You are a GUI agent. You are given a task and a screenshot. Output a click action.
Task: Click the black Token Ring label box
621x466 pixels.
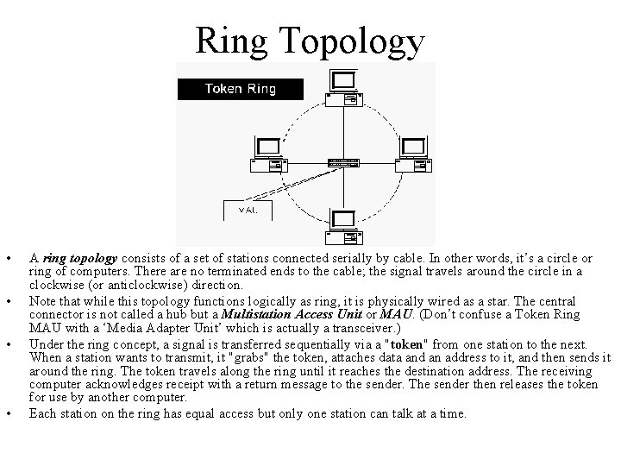(x=240, y=88)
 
